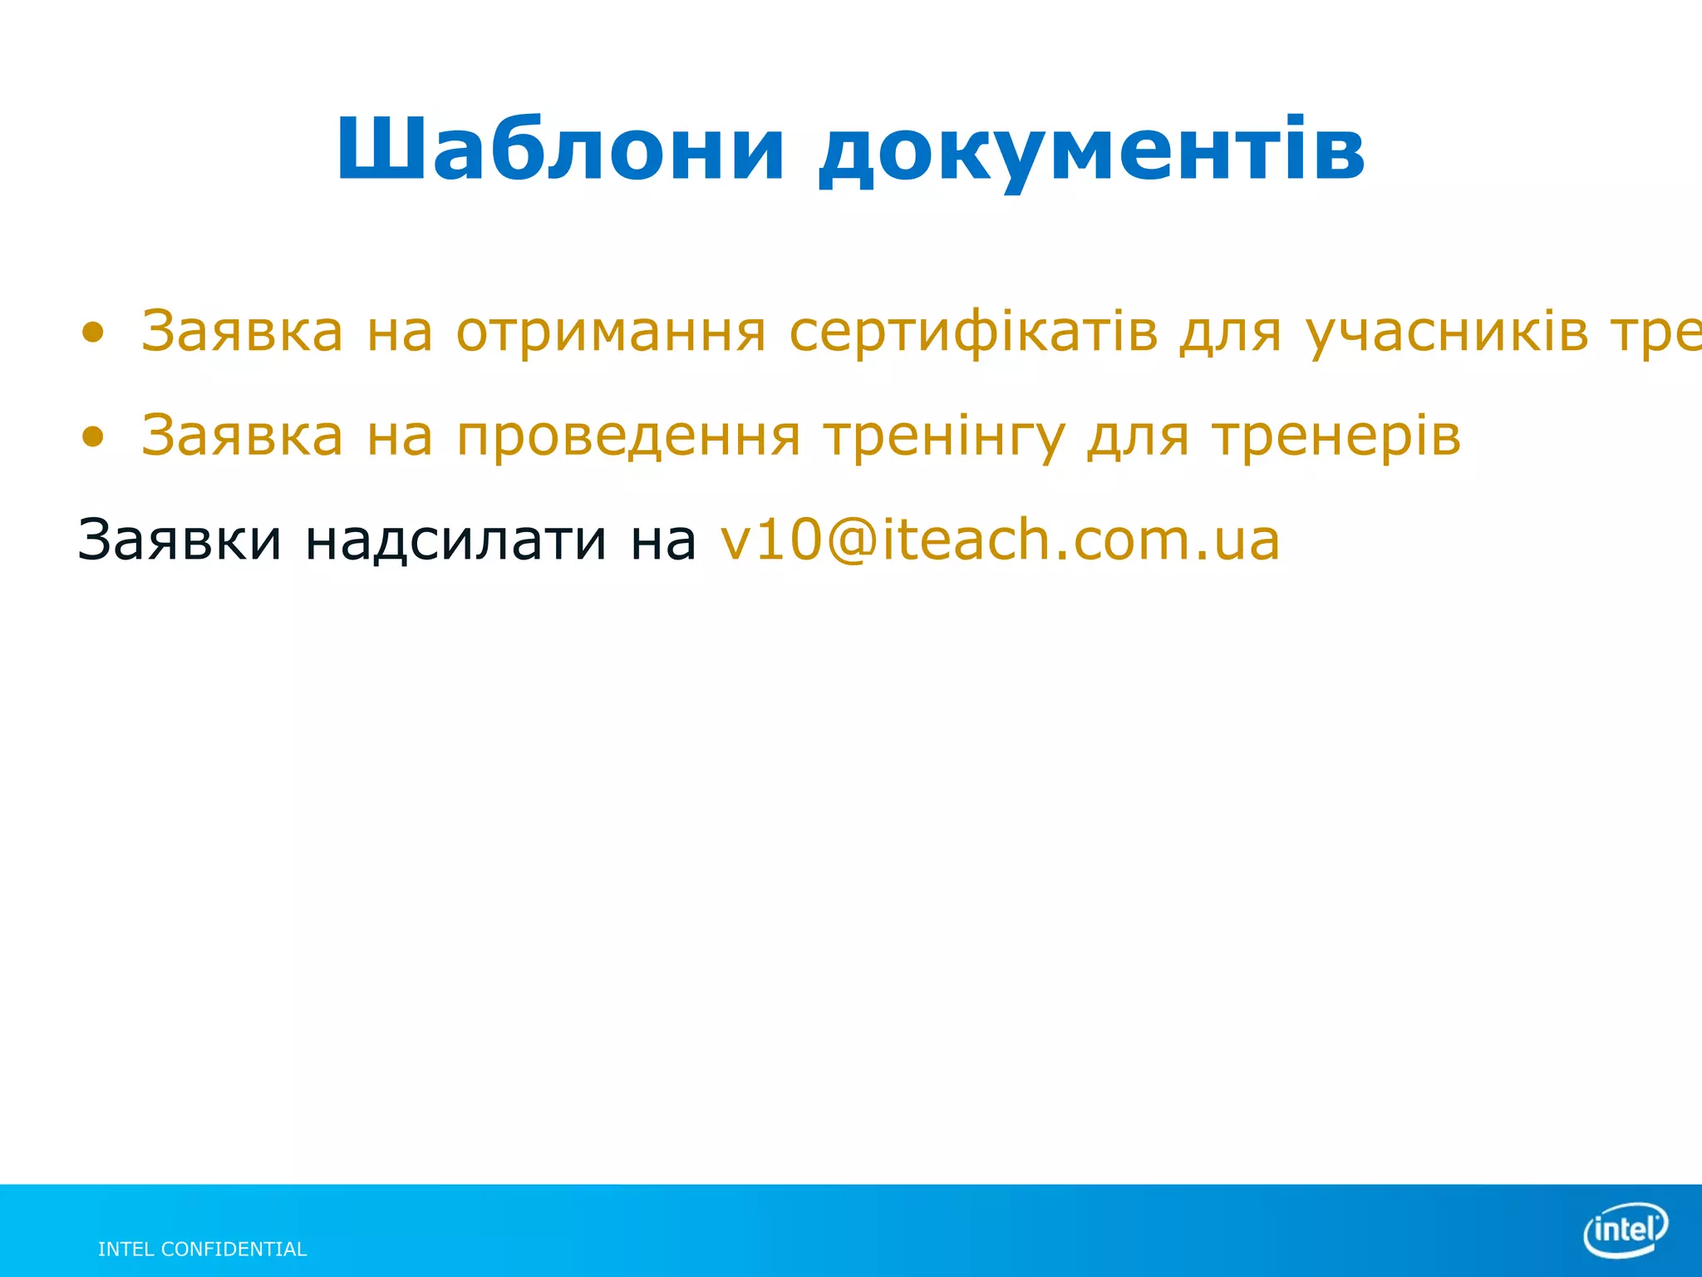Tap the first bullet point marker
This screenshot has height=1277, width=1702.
click(x=93, y=333)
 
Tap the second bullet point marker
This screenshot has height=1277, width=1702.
click(x=93, y=436)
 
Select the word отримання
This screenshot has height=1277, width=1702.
click(x=611, y=333)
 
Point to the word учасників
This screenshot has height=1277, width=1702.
click(x=1447, y=333)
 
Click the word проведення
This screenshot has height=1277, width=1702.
click(x=629, y=436)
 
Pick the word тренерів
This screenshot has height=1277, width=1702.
click(x=1336, y=436)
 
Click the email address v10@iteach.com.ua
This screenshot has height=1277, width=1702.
click(x=1000, y=540)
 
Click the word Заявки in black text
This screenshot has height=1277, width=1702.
click(x=180, y=540)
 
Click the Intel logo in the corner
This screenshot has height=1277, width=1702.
click(x=1626, y=1229)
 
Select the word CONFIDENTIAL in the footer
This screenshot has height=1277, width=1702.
click(x=234, y=1250)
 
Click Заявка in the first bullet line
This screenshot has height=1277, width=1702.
click(x=242, y=333)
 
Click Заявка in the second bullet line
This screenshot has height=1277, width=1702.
click(x=242, y=436)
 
